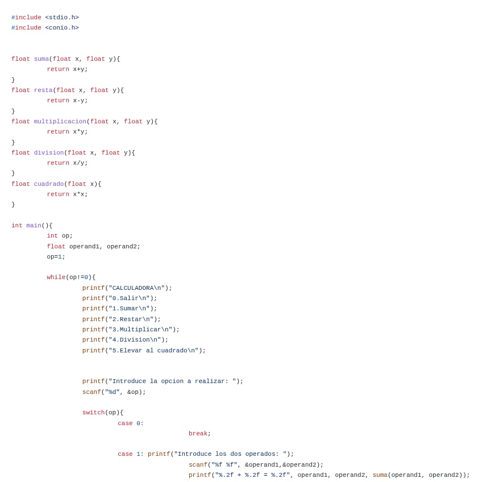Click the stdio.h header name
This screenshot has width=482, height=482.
point(62,18)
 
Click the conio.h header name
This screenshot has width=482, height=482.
point(62,28)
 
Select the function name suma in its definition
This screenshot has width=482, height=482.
point(41,59)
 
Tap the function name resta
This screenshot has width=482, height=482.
point(43,90)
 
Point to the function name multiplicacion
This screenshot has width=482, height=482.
point(60,122)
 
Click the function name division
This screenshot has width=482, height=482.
point(49,153)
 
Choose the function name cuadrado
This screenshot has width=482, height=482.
point(49,184)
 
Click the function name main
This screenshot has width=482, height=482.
point(34,226)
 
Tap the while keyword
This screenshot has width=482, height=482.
point(56,277)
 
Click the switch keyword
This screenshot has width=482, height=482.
point(93,413)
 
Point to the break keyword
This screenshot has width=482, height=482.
point(198,434)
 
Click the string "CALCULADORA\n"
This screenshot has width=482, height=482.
point(136,288)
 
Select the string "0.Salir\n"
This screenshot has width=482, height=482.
point(129,298)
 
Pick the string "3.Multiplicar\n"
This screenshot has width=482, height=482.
point(140,330)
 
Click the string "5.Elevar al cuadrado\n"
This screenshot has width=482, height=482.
point(153,351)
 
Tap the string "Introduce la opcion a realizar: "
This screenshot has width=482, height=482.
point(172,381)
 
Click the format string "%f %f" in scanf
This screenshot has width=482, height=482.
point(225,465)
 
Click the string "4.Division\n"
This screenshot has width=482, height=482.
point(135,340)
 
